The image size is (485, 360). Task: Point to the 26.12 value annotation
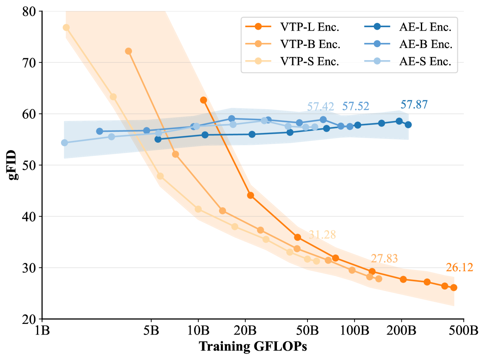(x=459, y=267)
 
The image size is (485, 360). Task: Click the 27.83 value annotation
(x=384, y=259)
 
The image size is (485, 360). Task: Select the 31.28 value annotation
(x=322, y=235)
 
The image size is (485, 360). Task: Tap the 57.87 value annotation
(x=414, y=104)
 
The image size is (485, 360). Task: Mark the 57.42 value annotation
(x=320, y=106)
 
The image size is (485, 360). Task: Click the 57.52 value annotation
(x=355, y=106)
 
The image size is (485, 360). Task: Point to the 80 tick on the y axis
(x=29, y=11)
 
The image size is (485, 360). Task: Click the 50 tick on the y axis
(x=29, y=165)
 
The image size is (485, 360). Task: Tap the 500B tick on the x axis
(x=463, y=330)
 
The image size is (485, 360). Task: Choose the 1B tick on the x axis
(x=42, y=330)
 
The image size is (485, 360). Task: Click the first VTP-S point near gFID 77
(x=66, y=28)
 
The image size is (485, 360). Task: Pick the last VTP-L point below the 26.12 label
(x=454, y=287)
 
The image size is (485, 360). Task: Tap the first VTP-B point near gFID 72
(x=128, y=51)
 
